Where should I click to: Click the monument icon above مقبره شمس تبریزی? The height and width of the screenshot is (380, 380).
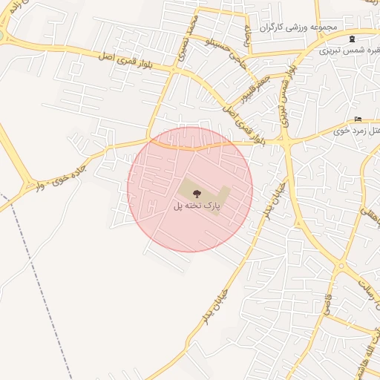point(352,39)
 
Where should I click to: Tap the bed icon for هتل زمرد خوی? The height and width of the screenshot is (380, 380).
point(358,119)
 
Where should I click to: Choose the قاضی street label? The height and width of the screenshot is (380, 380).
point(327,304)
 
